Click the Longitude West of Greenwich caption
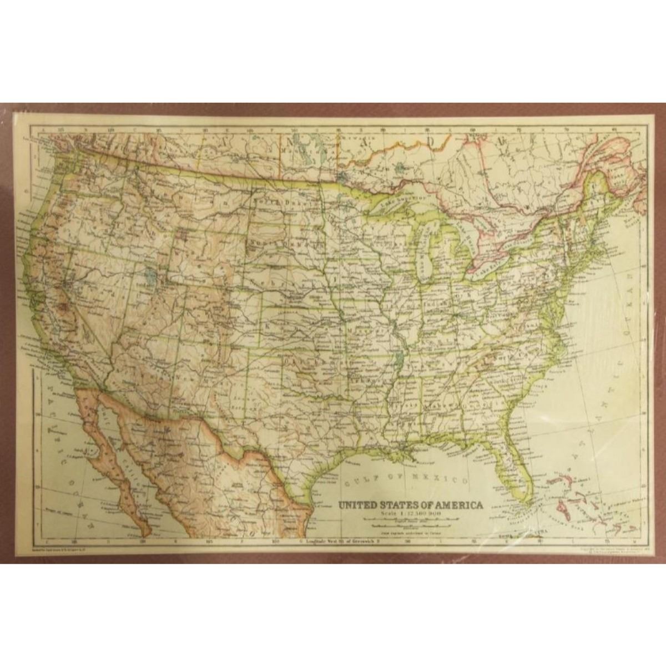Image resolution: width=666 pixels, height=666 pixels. pyautogui.click(x=341, y=539)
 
